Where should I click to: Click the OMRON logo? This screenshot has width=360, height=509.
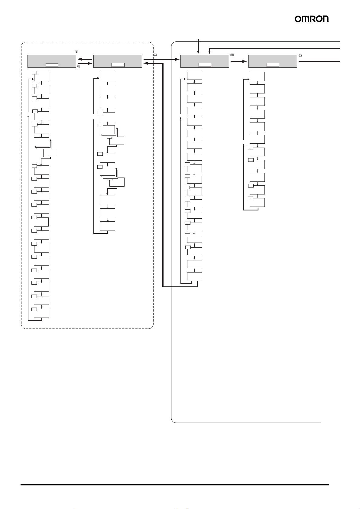(x=311, y=19)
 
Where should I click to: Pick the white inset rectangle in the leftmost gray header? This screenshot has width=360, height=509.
(x=52, y=65)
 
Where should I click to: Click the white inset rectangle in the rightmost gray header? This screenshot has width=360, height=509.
(x=273, y=65)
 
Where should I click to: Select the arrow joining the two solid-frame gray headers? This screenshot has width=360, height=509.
(x=238, y=60)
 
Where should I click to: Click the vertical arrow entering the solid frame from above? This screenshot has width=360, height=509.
(x=199, y=47)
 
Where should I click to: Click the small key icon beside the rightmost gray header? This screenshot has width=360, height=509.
(x=300, y=55)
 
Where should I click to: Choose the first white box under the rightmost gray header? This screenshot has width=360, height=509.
(x=257, y=76)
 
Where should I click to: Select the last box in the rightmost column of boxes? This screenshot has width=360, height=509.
(x=257, y=202)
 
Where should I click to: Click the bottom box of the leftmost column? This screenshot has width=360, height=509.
(x=41, y=313)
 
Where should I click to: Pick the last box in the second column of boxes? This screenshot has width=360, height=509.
(x=108, y=226)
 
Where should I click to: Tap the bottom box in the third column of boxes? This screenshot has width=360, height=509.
(x=195, y=276)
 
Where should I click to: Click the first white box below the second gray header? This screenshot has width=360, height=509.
(x=108, y=76)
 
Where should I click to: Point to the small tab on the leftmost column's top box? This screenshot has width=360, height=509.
(x=34, y=73)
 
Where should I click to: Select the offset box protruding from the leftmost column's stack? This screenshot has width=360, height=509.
(x=50, y=152)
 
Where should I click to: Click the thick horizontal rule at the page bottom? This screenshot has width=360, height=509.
(x=174, y=485)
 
